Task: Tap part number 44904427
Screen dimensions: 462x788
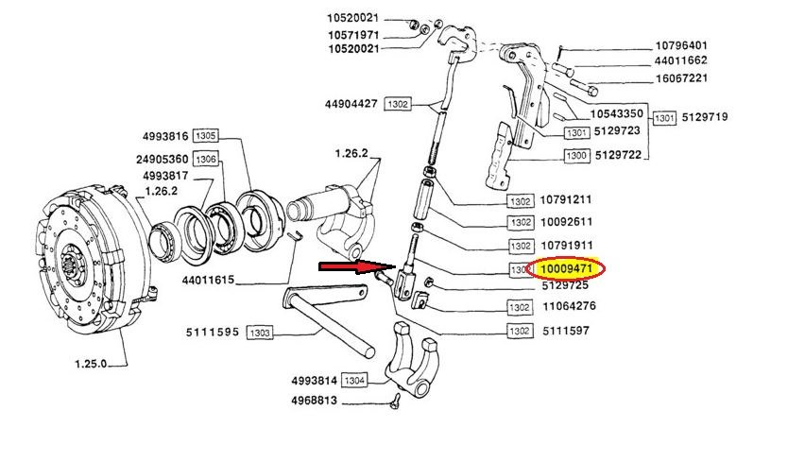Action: [351, 104]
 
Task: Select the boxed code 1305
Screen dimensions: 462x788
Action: [206, 136]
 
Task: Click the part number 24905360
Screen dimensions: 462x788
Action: [165, 159]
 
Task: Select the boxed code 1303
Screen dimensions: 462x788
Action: [260, 333]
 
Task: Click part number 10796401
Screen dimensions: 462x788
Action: [694, 44]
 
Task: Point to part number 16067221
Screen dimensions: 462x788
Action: [694, 78]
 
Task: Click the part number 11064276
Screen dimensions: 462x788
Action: [569, 306]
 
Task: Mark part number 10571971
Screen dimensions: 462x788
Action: [353, 35]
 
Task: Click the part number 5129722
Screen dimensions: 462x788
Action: [625, 155]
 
